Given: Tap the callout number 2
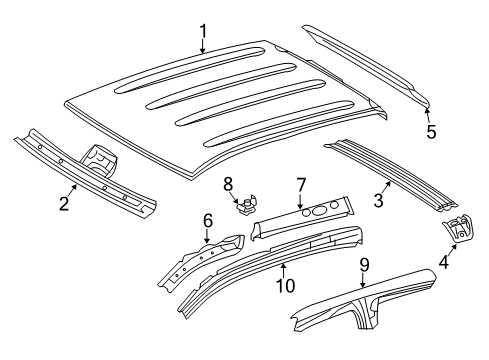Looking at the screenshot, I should [x=64, y=204].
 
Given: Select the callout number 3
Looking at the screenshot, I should [x=378, y=201].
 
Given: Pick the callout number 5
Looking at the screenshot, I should [x=431, y=131].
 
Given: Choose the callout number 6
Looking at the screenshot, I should [x=208, y=221].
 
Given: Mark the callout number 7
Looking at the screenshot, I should [x=299, y=185].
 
